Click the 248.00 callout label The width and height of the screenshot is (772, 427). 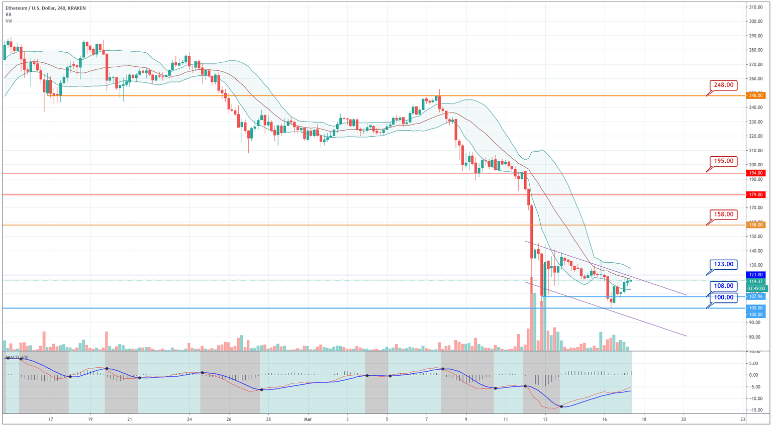tap(724, 85)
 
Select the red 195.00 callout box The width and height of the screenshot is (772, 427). tap(724, 161)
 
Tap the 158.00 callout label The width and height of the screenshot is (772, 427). tap(724, 215)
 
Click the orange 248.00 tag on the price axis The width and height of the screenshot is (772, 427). tap(756, 95)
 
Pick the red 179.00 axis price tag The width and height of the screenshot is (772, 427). tap(756, 194)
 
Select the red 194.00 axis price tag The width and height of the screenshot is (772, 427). tap(756, 173)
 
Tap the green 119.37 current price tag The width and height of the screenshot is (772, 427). tap(756, 282)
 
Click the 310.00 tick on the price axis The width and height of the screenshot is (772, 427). tap(756, 7)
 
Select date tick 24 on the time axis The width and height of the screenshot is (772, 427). tap(189, 418)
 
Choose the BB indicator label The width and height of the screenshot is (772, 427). tap(9, 15)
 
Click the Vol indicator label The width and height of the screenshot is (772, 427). tap(9, 21)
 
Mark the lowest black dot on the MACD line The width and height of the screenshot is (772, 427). tap(561, 406)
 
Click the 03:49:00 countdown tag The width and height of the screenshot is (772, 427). tap(756, 288)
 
